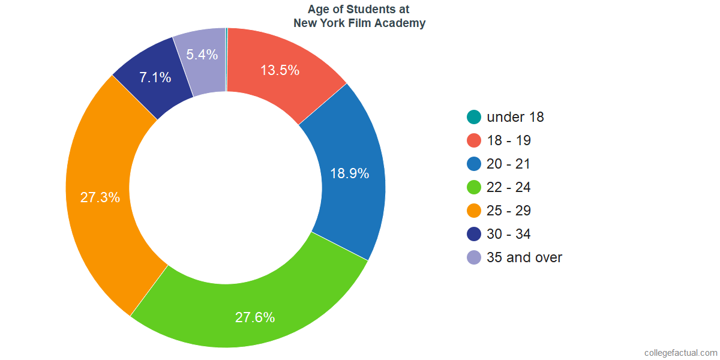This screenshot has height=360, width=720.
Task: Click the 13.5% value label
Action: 280,70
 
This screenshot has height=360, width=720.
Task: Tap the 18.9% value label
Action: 349,174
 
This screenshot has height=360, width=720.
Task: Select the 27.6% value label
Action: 255,317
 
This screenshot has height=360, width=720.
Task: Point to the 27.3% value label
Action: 100,197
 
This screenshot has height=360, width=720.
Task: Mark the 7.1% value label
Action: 155,77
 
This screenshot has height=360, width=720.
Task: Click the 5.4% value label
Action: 202,55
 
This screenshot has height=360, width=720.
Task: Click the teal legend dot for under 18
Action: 474,117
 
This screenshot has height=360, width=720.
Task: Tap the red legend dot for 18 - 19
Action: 474,140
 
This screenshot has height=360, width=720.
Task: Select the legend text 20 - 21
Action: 509,164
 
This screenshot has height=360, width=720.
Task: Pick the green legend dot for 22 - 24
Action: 474,187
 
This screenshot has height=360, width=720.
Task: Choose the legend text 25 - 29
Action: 509,211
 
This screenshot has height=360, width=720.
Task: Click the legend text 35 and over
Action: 524,257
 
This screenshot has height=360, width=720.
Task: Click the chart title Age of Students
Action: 359,10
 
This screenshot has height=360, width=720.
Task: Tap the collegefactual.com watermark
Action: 680,353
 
